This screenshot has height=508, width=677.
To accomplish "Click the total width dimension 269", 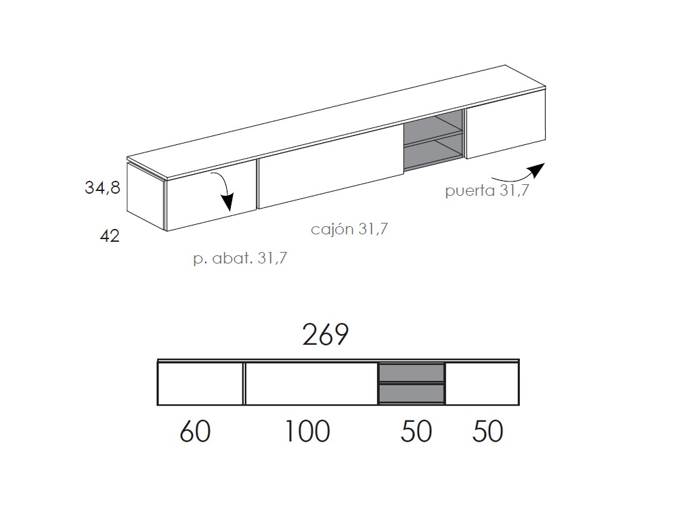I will (x=325, y=335).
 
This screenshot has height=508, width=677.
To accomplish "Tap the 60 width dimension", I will (x=195, y=431).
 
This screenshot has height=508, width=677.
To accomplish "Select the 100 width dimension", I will (x=307, y=431).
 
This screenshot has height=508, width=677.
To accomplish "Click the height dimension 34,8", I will (x=102, y=188).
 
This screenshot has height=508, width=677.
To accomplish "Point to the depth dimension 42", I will (x=110, y=236).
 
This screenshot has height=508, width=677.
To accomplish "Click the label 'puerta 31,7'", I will (x=486, y=191).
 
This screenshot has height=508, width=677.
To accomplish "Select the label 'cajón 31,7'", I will (x=349, y=230).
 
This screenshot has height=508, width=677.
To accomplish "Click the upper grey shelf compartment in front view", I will (x=411, y=373).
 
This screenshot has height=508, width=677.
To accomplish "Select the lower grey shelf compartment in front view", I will (x=411, y=394).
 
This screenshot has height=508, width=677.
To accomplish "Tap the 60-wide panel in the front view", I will (x=200, y=383).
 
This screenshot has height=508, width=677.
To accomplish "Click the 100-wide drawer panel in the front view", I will (x=311, y=383).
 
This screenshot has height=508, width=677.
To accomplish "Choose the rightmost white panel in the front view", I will (x=482, y=383).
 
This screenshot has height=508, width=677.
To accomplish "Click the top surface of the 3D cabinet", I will (x=338, y=122).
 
